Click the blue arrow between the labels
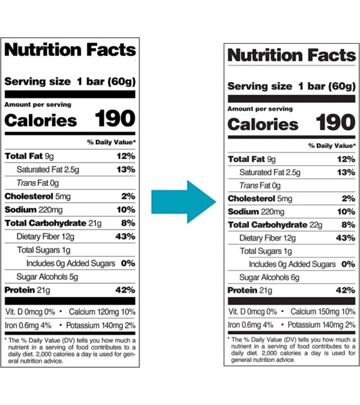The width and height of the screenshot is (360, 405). pyautogui.click(x=182, y=202)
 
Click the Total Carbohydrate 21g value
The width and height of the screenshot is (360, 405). pyautogui.click(x=87, y=223)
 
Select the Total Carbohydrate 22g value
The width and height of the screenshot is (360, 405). pyautogui.click(x=314, y=225)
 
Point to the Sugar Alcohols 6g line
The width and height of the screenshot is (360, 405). pyautogui.click(x=265, y=277)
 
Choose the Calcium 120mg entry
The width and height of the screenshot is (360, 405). pyautogui.click(x=102, y=311)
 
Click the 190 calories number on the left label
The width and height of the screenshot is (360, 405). pyautogui.click(x=115, y=119)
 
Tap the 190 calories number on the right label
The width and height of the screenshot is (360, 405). pyautogui.click(x=335, y=124)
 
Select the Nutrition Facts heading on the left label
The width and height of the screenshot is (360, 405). pyautogui.click(x=70, y=50)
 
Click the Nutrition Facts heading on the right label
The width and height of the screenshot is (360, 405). pyautogui.click(x=292, y=56)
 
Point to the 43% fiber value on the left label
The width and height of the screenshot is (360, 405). pyautogui.click(x=125, y=236)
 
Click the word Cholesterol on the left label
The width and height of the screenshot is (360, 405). pyautogui.click(x=28, y=196)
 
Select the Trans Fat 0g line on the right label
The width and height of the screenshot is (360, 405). pyautogui.click(x=260, y=185)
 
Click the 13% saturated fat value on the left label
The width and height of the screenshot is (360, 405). pyautogui.click(x=125, y=170)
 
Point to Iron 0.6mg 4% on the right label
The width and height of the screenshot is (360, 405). pyautogui.click(x=251, y=325)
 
